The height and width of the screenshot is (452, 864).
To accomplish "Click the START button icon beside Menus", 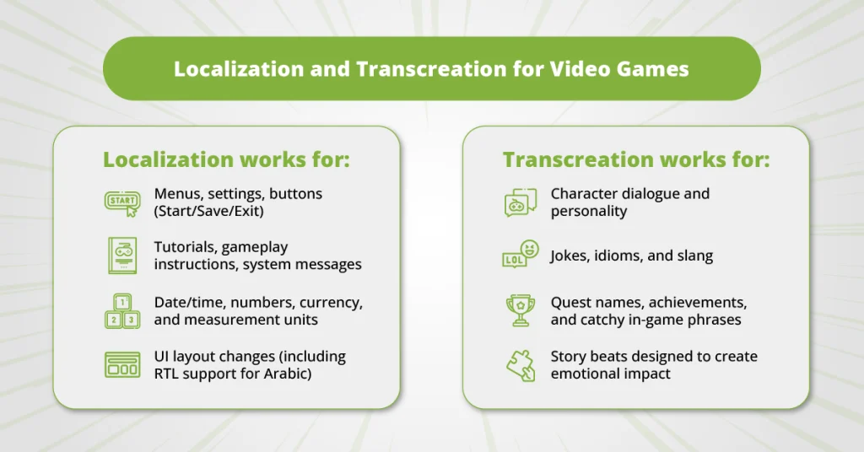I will tap(121, 202).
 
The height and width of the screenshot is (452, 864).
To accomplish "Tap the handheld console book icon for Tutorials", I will tap(121, 255).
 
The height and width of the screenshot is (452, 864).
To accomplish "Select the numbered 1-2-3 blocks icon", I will tap(121, 310).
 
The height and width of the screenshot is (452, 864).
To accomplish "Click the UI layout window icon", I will tap(121, 364).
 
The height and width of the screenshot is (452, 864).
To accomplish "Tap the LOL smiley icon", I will tap(519, 255).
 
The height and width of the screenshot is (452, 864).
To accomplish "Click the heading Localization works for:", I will tap(226, 159).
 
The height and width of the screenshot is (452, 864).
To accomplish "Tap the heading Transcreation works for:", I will tap(636, 159).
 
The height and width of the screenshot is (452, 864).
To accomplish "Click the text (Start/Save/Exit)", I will tap(208, 211).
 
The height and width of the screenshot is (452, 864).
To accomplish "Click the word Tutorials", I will tap(186, 247).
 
